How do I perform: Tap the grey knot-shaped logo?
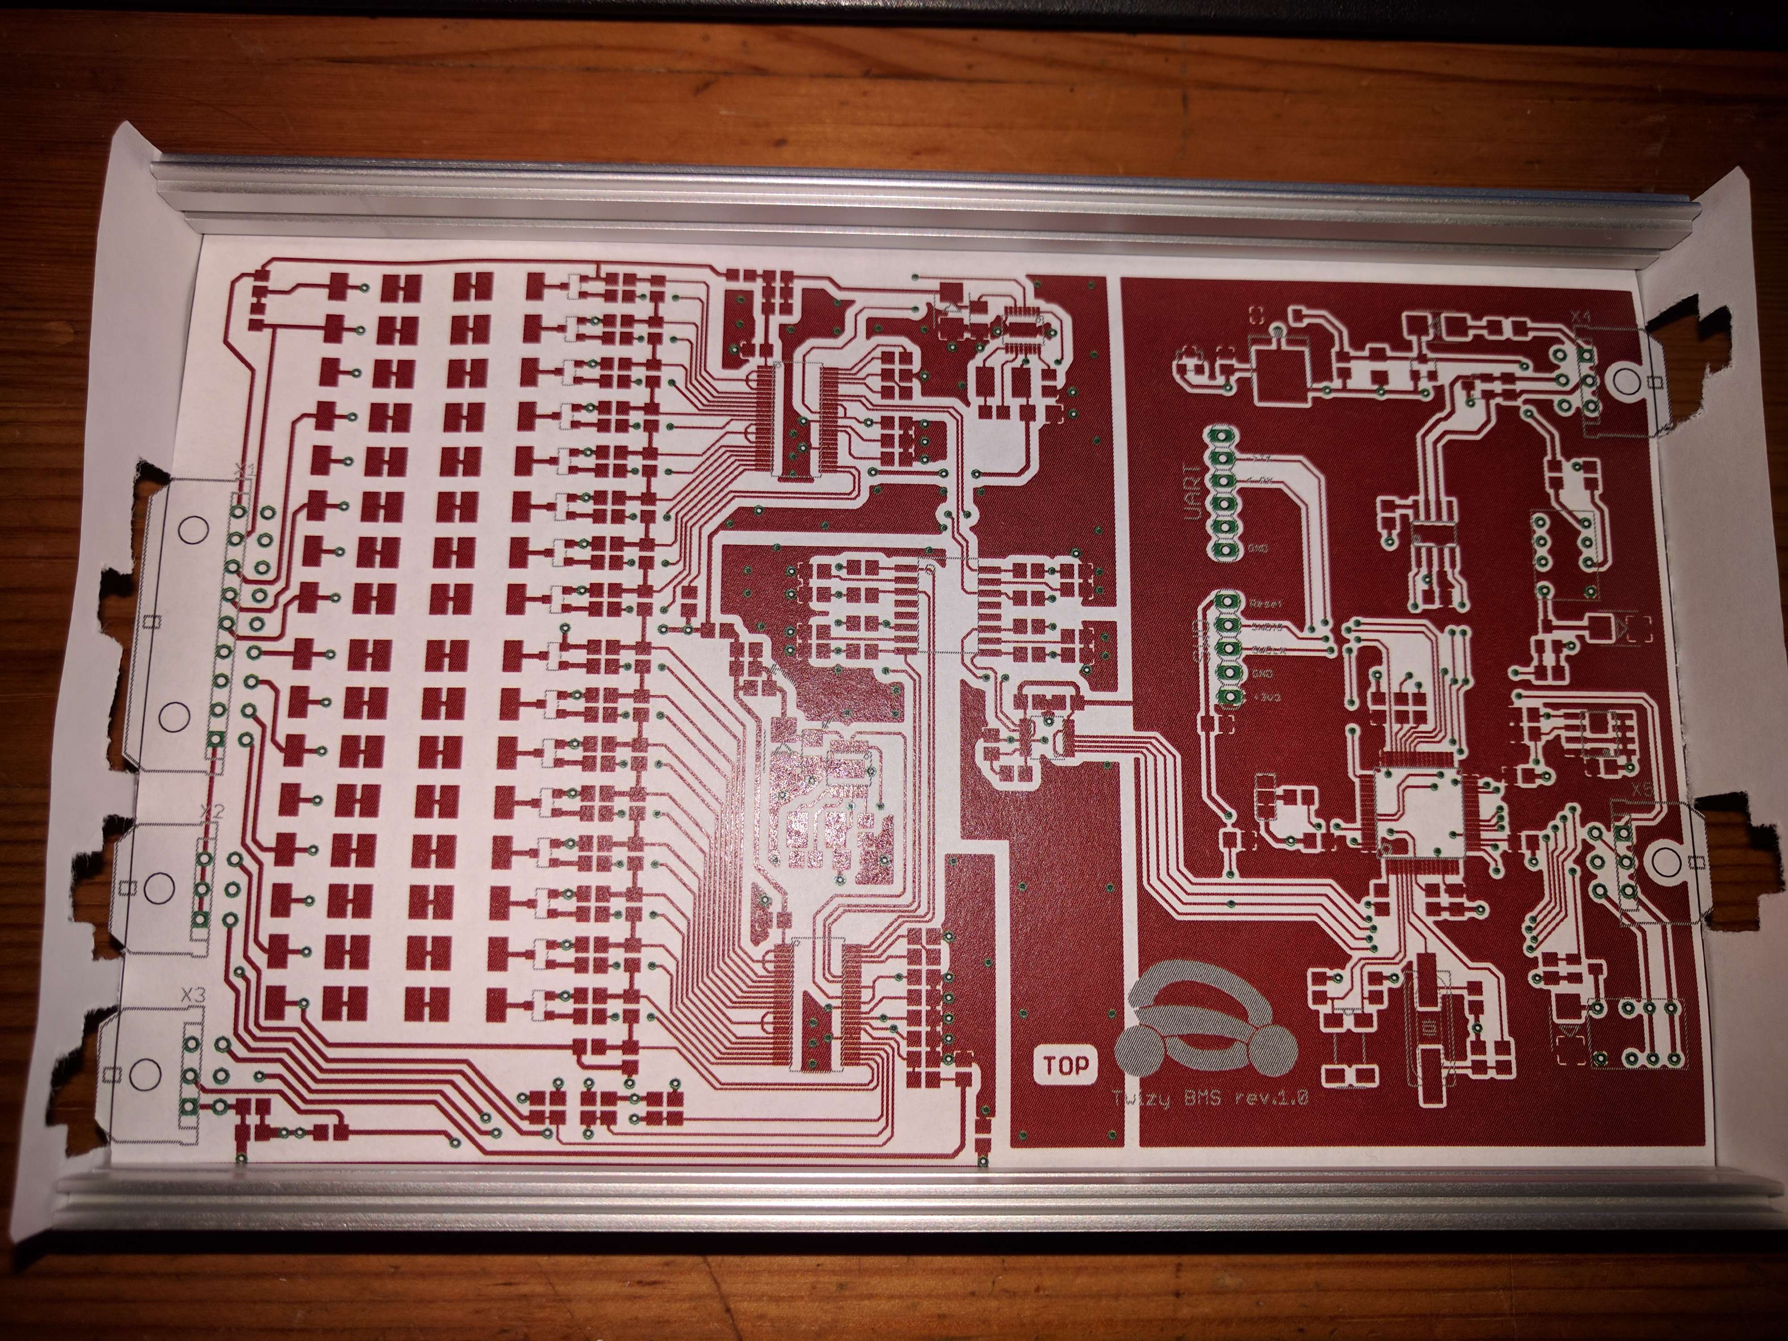(1204, 1035)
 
